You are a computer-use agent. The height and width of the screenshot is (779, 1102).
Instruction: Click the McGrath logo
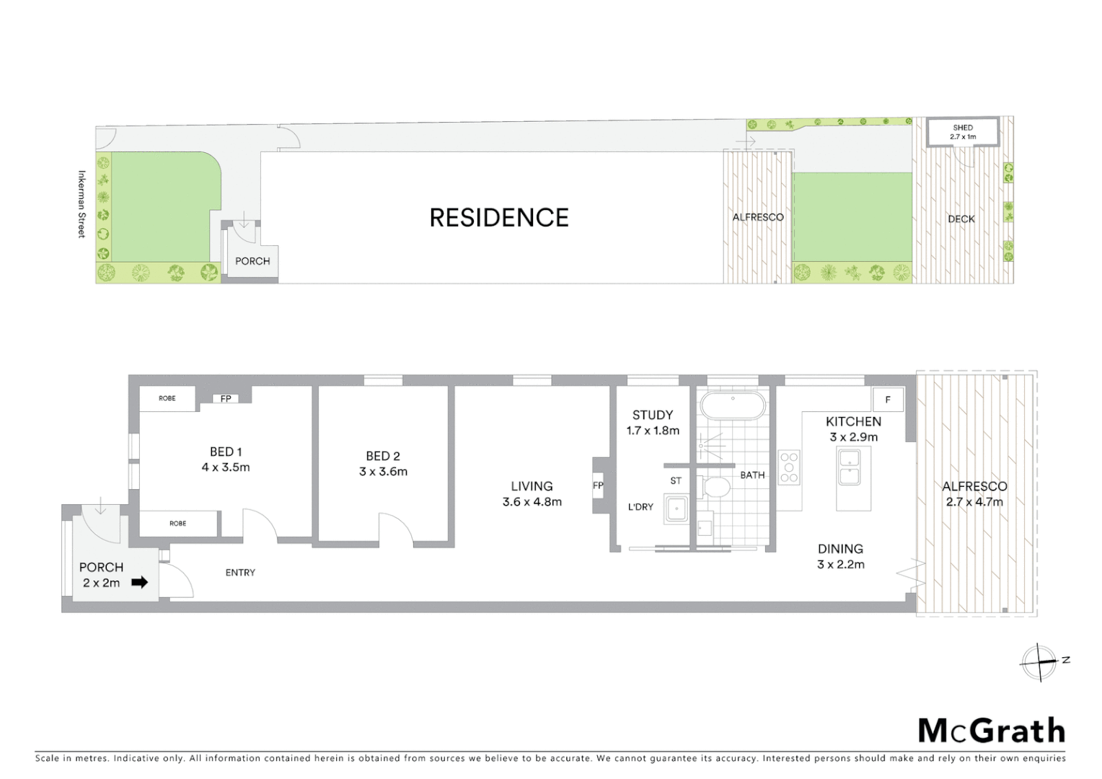pos(991,731)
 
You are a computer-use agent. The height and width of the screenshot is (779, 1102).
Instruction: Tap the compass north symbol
pos(1039,661)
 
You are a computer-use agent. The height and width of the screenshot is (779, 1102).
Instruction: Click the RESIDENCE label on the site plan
pos(499,218)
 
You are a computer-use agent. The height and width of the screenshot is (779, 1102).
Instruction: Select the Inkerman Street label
pos(81,204)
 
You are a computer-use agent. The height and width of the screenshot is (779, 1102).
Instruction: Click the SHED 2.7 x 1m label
pos(963,132)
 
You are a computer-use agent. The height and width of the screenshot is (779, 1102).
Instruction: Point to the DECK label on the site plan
pos(961,219)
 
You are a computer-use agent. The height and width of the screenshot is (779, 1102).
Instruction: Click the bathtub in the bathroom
pos(733,406)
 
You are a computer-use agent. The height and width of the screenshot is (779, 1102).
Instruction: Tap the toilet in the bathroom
pos(717,488)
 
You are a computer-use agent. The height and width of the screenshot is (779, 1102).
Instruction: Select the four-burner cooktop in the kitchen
pos(789,467)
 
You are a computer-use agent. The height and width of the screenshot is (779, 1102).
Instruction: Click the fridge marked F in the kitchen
pos(888,400)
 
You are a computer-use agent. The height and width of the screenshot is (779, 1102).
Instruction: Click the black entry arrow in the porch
pos(139,582)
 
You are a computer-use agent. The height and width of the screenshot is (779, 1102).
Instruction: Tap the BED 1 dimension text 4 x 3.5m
pos(226,467)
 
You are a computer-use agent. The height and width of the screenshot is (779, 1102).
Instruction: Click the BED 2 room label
pos(383,456)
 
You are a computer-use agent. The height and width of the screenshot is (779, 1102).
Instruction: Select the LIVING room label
pos(532,487)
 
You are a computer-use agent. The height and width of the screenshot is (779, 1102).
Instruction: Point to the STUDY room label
pos(653,415)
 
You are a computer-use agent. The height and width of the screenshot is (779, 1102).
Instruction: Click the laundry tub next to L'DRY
pos(676,509)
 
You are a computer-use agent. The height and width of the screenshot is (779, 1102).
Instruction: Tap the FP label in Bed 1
pos(226,399)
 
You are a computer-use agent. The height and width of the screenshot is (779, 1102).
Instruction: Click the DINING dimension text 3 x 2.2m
pos(840,565)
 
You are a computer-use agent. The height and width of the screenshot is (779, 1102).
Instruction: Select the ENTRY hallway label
pos(240,573)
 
